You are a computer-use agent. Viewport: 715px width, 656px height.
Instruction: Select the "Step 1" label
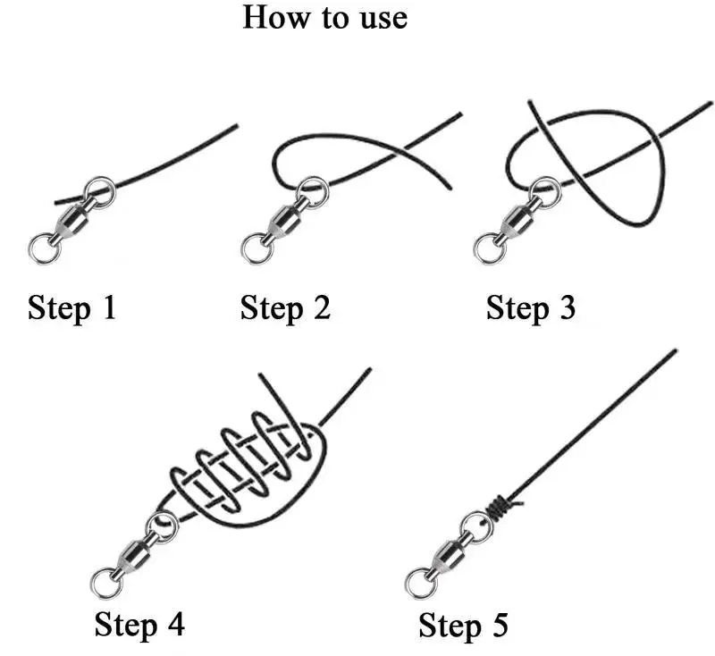click(71, 308)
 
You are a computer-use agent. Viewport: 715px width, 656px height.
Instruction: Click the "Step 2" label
click(285, 308)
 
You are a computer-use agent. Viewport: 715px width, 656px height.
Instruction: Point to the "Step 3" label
click(531, 308)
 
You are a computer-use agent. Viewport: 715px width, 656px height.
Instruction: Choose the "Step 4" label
click(139, 624)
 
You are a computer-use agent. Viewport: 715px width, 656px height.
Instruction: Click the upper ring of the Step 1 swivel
click(99, 192)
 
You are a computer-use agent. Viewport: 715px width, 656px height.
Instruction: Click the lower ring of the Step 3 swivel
click(488, 247)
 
